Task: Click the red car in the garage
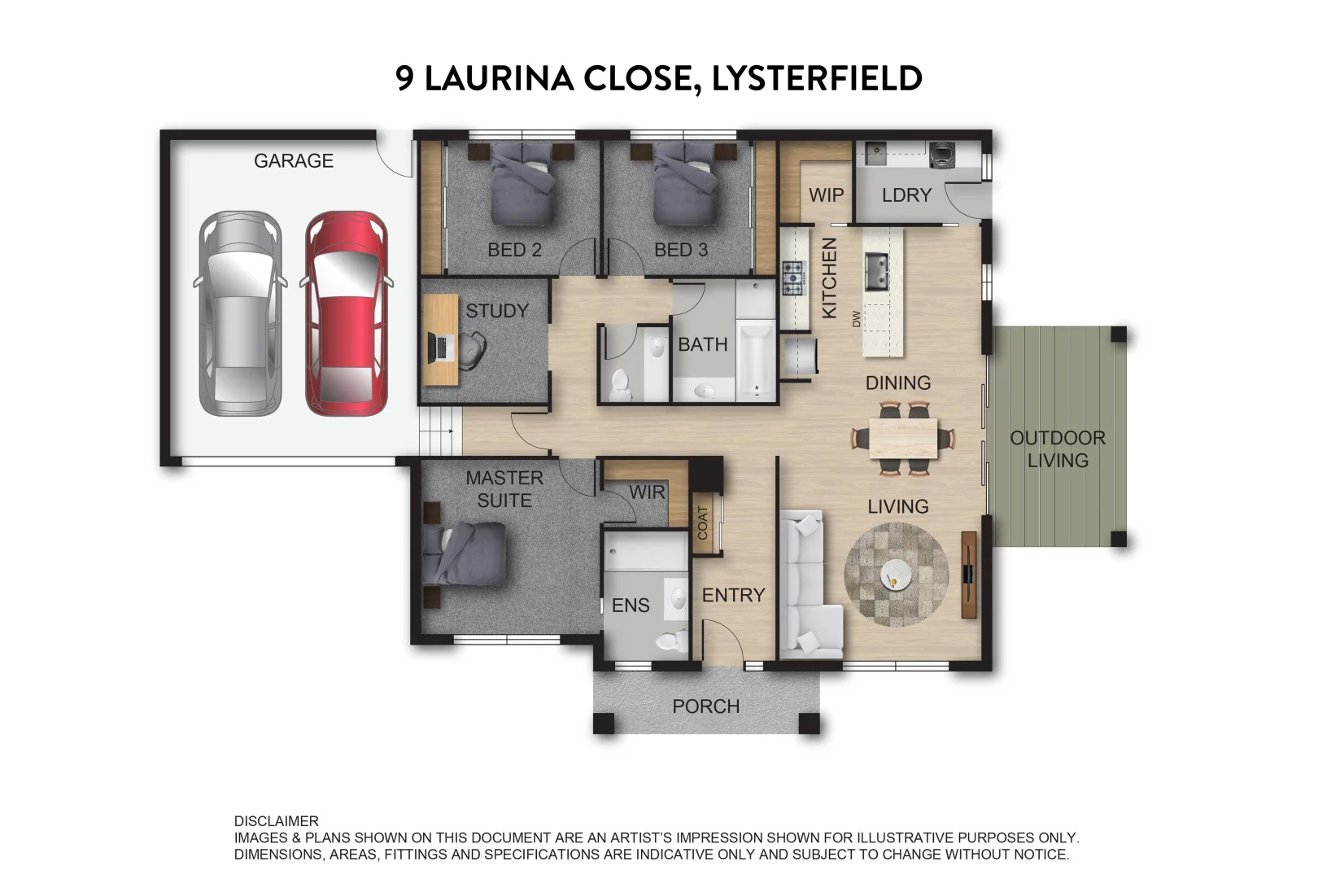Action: [346, 313]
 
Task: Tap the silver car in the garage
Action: [240, 313]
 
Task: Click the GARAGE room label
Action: [294, 161]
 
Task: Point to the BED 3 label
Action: [681, 251]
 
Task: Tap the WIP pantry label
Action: [826, 195]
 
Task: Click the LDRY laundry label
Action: [906, 195]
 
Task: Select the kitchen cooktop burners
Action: [792, 278]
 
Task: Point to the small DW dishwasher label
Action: [856, 319]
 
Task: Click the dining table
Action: [903, 439]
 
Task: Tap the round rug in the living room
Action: [897, 575]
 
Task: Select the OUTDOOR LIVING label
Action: [1057, 449]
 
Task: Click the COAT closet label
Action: [703, 523]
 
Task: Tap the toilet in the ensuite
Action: [672, 640]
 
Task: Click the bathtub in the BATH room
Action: [757, 358]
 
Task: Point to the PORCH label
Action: [705, 706]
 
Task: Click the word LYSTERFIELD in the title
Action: [817, 79]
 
